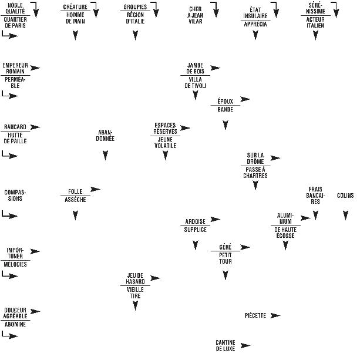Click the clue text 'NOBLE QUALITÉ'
[15, 9]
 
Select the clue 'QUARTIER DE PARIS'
[15, 22]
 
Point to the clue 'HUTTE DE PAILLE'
[15, 139]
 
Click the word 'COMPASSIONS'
[15, 195]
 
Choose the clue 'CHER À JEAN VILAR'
[195, 12]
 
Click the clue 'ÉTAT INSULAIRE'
[255, 12]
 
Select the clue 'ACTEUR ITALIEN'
[315, 22]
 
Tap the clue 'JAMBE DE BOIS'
[195, 68]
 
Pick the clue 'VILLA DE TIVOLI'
[195, 83]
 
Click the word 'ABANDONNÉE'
[105, 135]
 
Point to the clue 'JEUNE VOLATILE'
[165, 142]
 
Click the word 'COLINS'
[345, 196]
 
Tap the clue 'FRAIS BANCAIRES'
[315, 195]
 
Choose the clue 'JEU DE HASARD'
[135, 278]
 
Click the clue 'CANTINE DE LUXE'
[226, 345]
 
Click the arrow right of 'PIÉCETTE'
[275, 316]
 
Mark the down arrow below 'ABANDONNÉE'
[105, 156]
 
